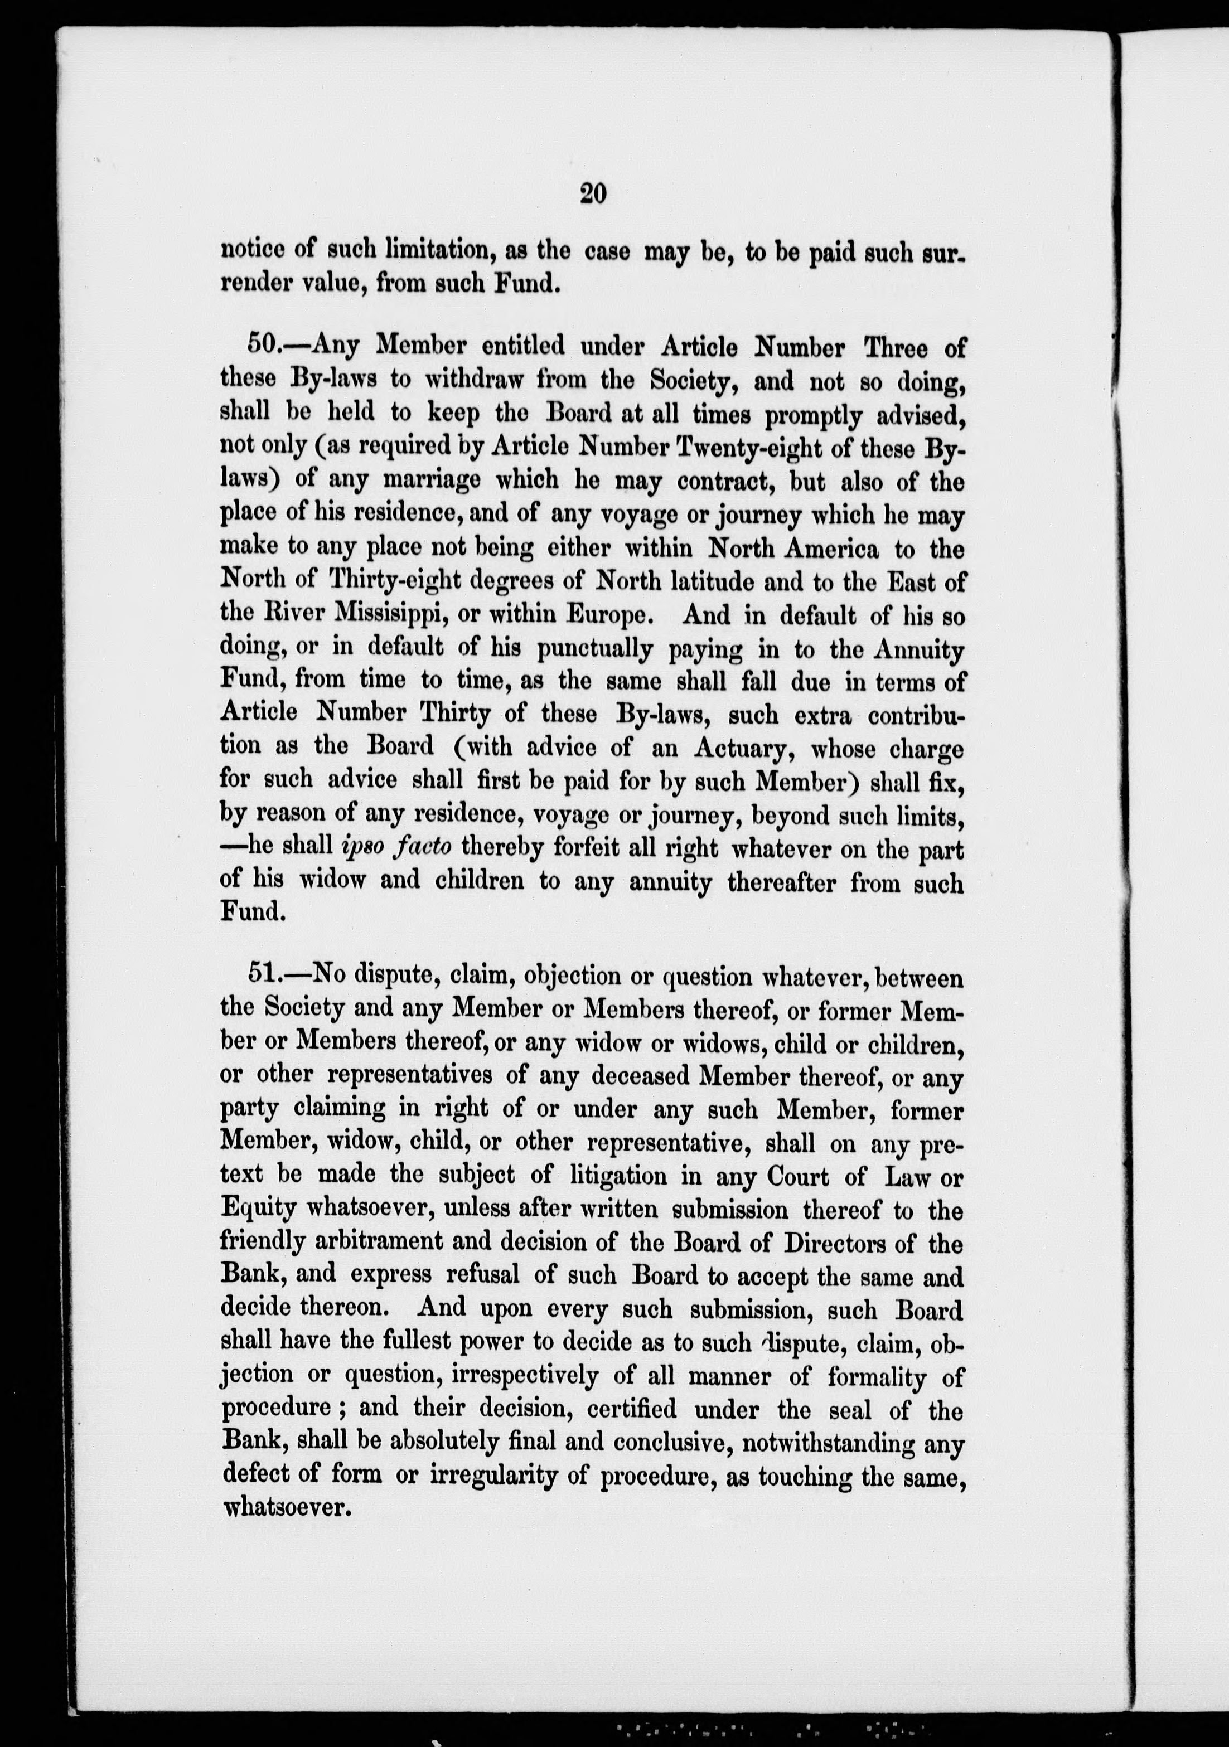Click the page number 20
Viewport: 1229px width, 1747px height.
coord(593,194)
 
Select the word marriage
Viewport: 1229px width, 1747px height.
coord(430,481)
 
